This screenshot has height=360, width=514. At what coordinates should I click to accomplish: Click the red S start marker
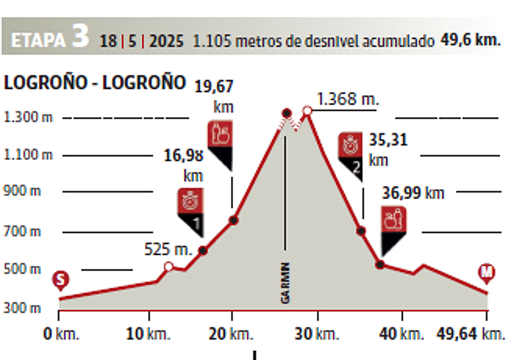pos(61,280)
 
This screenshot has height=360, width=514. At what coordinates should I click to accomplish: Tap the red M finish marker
pos(487,273)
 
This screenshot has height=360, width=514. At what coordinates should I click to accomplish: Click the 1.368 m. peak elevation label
pos(347,99)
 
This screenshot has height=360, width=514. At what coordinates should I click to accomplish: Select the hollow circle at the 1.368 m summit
pos(307,111)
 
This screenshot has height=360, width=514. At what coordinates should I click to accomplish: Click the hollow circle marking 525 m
pos(169,267)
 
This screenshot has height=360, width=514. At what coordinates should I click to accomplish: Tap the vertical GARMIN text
pos(285,283)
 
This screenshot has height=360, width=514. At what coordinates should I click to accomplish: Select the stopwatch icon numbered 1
pos(191,201)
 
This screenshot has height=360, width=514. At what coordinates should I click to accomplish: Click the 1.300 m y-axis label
pos(28,117)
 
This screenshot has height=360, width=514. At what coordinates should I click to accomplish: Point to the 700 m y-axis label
pos(22,232)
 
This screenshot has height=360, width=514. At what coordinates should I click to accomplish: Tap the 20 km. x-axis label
pos(231,333)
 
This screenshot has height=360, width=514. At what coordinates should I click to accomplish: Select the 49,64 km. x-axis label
pos(470,333)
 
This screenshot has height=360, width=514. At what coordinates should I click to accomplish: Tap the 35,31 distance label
pos(388,140)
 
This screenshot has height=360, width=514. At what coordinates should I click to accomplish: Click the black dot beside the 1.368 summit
pos(287,113)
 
